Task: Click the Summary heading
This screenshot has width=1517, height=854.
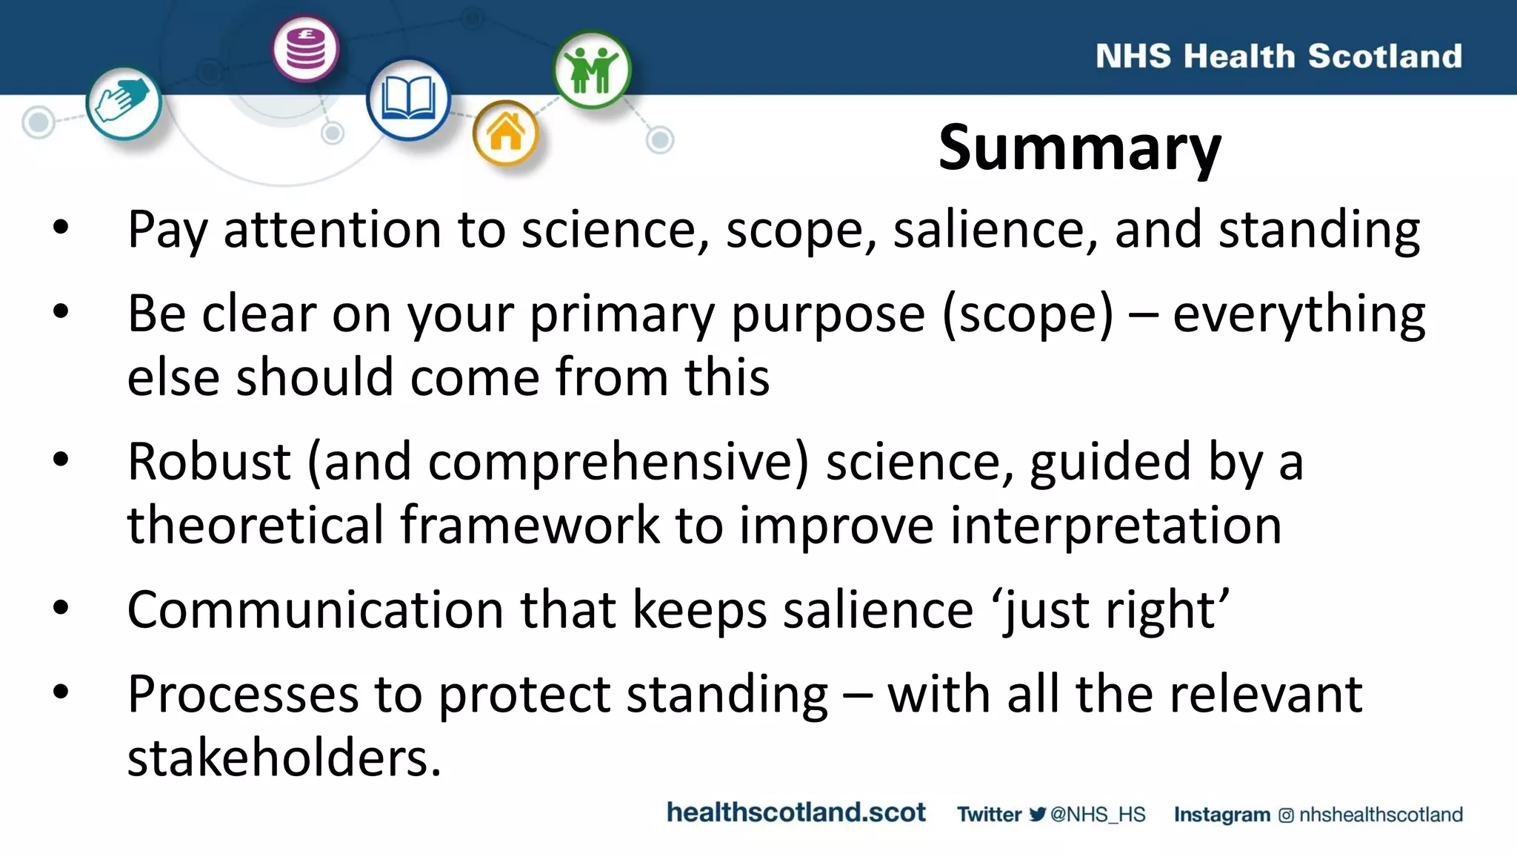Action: (1079, 148)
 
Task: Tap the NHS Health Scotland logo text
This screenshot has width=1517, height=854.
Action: (1278, 56)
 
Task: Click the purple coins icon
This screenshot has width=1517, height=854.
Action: (305, 49)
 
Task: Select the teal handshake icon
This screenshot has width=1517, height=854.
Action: (123, 102)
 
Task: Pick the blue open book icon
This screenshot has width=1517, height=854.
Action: (407, 99)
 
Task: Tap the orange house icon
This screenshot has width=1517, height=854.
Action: (506, 133)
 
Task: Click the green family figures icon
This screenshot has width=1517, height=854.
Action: (591, 70)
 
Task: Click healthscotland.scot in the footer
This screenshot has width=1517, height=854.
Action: (796, 812)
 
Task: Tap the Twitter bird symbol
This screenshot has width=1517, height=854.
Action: (1037, 814)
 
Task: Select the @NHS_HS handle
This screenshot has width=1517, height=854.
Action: (1098, 815)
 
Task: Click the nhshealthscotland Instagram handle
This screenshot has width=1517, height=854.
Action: (1381, 815)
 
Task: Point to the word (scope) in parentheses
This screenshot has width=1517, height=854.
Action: (1027, 314)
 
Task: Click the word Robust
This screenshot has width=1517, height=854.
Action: (209, 462)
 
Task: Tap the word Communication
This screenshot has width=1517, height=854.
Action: (316, 610)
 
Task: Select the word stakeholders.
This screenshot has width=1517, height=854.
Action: (284, 758)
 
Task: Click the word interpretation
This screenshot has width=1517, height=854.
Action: (1116, 526)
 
